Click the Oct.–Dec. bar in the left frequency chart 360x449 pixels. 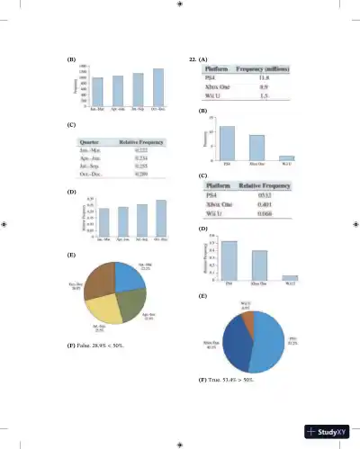tap(158, 86)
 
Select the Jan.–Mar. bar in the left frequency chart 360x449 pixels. tap(97, 91)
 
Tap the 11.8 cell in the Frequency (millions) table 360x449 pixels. tap(265, 79)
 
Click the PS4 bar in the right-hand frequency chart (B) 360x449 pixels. tap(228, 143)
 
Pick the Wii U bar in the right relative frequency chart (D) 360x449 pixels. tap(290, 278)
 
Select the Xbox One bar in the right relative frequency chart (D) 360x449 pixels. tap(259, 265)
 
